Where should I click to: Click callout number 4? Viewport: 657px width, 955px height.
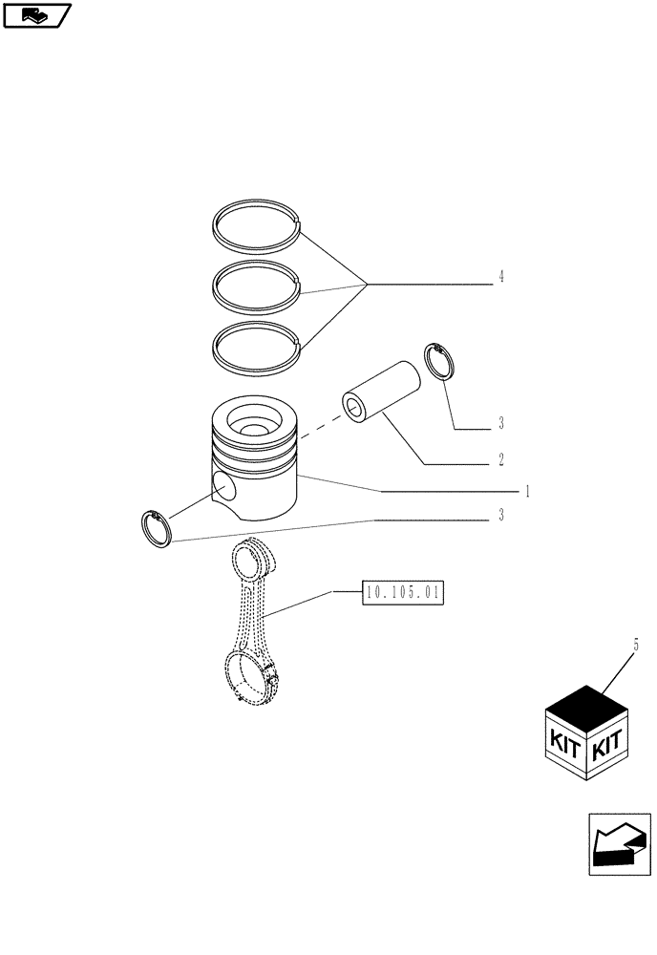coord(500,278)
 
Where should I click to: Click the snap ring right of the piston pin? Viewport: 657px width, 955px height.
coord(439,362)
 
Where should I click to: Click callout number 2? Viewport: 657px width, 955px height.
coord(500,458)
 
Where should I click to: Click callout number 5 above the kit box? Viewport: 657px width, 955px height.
coord(635,646)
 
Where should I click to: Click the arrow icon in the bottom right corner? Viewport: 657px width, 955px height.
coord(619,845)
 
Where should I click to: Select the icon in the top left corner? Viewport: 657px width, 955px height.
coord(36,14)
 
